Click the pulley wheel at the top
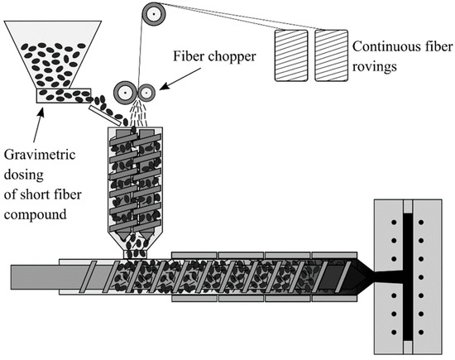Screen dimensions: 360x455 point(153,14)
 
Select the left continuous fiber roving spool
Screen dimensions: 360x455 point(292,55)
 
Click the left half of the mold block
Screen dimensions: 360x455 point(389,273)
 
